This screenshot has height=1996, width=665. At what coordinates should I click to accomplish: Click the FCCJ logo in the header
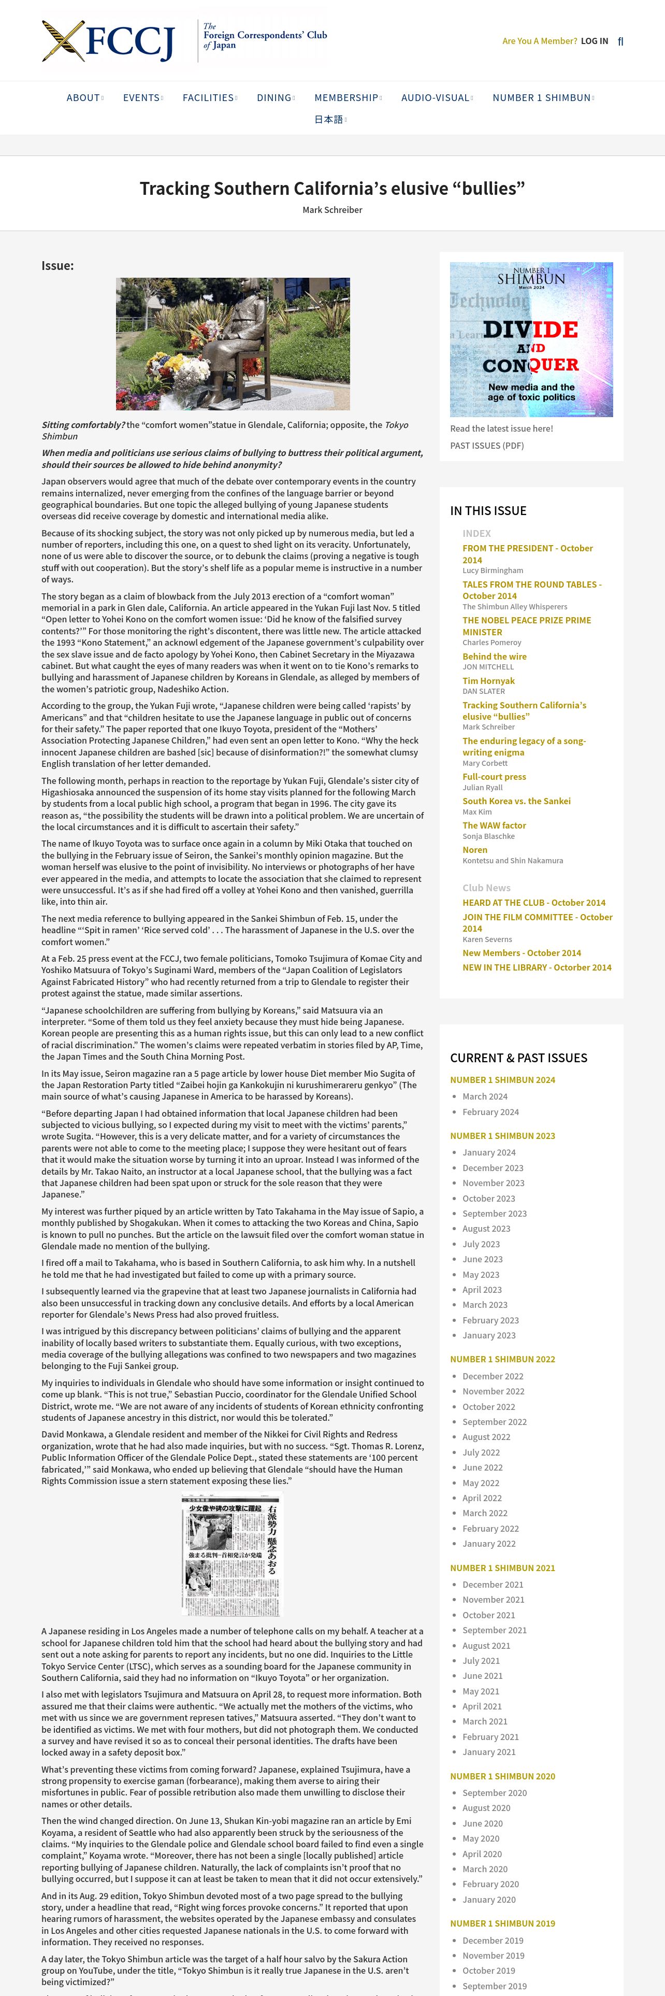click(108, 41)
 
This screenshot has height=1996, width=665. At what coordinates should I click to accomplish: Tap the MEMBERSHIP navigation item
click(346, 97)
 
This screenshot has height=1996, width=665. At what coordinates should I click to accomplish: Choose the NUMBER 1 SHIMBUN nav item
click(541, 97)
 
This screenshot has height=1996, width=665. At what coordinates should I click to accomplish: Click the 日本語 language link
click(328, 119)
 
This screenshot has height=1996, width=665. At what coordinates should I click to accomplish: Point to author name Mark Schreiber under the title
click(332, 210)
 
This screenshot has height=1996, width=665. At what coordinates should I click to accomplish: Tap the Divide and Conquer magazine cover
click(531, 339)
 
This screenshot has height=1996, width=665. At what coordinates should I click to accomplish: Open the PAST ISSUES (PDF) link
click(487, 446)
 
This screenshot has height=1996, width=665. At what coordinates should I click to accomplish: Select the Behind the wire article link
click(494, 657)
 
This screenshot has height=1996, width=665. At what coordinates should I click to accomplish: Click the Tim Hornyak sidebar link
click(488, 681)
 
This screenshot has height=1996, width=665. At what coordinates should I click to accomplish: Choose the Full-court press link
click(494, 776)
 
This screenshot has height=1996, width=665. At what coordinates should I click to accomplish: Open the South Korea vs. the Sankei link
click(516, 801)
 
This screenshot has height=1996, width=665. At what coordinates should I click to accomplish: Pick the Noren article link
click(474, 850)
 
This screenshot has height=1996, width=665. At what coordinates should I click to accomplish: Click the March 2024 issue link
click(485, 1096)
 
